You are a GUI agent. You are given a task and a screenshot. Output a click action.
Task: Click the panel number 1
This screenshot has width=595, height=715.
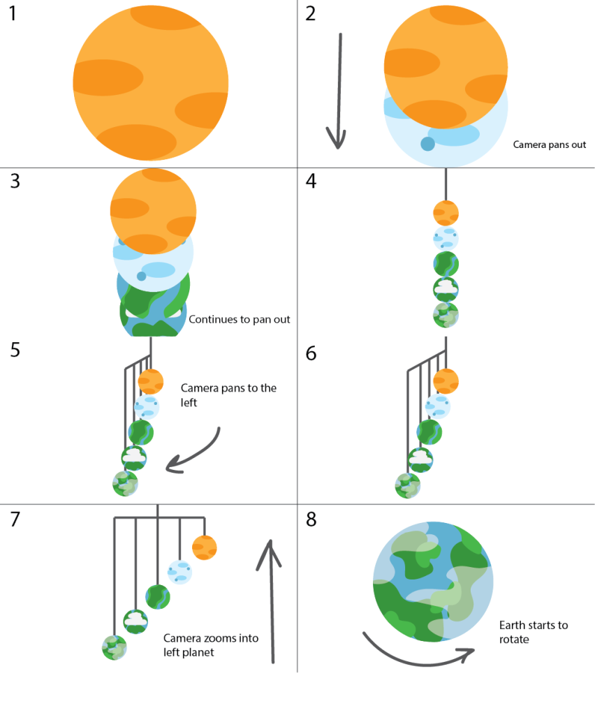pos(15,14)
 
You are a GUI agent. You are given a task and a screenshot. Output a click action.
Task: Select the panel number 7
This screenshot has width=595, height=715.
pos(15,519)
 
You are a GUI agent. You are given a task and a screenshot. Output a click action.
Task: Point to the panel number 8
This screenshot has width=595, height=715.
pos(311,519)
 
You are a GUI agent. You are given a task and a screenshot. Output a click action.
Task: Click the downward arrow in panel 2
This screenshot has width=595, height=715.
pos(339,91)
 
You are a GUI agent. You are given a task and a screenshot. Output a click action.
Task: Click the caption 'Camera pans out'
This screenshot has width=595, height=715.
pos(550,145)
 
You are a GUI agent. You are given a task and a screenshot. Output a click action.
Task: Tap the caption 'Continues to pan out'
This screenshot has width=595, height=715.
pos(240,319)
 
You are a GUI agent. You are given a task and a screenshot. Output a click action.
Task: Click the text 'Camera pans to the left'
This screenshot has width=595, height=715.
pos(228,395)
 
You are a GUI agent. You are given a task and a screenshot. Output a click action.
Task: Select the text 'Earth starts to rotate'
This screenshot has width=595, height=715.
pos(534,632)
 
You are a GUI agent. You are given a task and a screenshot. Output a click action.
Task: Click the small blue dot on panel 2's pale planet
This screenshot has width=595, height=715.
pos(427,144)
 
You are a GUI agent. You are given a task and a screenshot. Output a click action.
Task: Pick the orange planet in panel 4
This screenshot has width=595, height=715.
pos(446,212)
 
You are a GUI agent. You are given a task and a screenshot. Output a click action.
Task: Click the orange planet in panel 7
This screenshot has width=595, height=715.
pos(205,547)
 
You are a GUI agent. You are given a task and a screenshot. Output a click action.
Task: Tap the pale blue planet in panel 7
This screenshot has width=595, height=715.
pos(180,573)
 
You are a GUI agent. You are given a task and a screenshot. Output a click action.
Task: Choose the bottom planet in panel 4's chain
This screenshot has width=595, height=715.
pos(446,315)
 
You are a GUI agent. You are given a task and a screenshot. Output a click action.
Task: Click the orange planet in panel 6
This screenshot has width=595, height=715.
pos(446,381)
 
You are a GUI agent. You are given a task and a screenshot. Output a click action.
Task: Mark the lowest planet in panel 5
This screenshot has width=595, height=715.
pos(126,483)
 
